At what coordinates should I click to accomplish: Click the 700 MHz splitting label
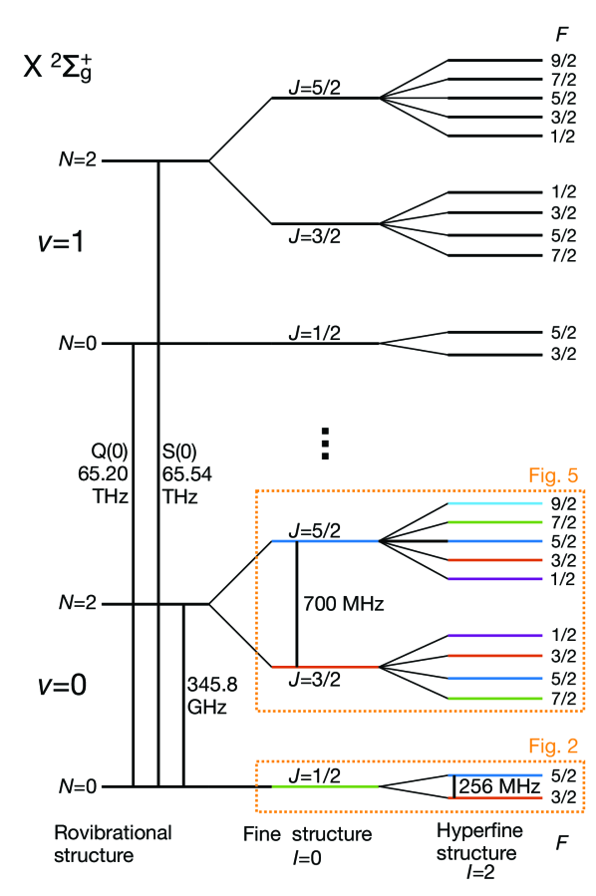(x=344, y=603)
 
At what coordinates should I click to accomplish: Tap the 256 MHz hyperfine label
(x=499, y=786)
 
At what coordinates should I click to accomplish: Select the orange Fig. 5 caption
(x=552, y=475)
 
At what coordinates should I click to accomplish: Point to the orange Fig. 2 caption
(x=552, y=746)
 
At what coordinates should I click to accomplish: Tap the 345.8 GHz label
(x=212, y=696)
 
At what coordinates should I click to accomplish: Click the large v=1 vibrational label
(x=61, y=242)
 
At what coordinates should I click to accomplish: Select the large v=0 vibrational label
(x=62, y=684)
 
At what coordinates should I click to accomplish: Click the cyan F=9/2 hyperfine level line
(x=495, y=503)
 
